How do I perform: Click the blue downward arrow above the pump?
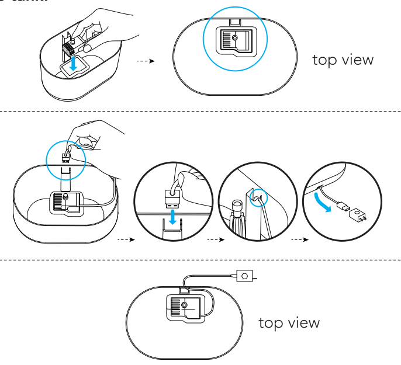click(72, 64)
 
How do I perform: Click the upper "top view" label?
click(343, 60)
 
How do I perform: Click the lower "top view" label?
click(289, 323)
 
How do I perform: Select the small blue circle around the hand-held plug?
click(65, 154)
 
